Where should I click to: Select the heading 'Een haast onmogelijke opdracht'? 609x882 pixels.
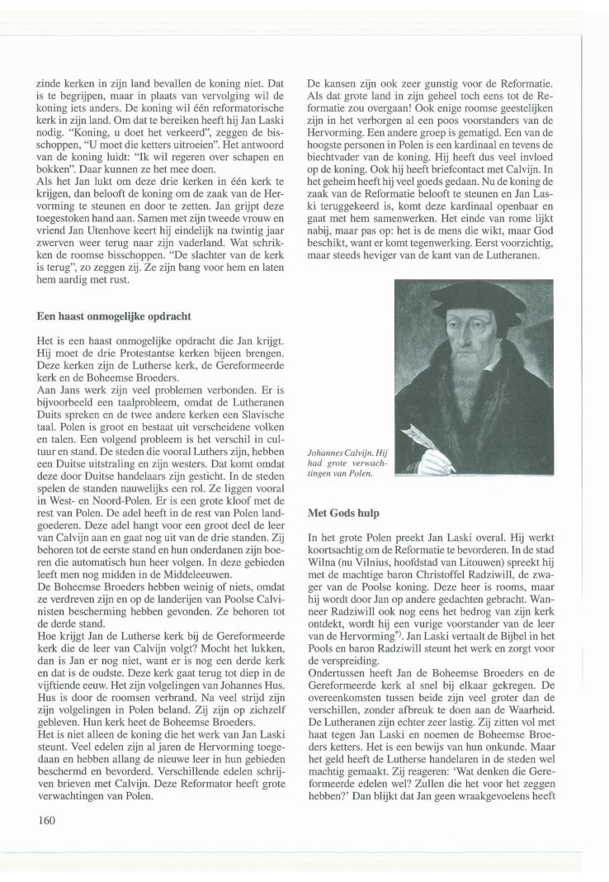tap(107, 315)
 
